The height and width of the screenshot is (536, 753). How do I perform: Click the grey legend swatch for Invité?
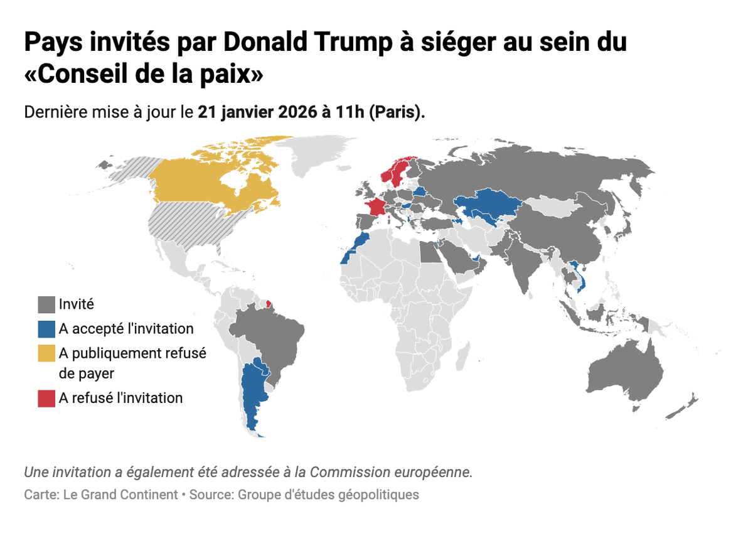[x=46, y=305]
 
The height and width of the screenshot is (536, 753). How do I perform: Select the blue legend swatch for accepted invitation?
[x=46, y=329]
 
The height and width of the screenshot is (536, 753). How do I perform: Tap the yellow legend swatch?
[x=46, y=353]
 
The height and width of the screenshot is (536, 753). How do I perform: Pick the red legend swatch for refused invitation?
[x=46, y=399]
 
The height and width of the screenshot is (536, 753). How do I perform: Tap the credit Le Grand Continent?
[x=120, y=495]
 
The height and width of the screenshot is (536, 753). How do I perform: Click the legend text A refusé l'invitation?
[x=120, y=398]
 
